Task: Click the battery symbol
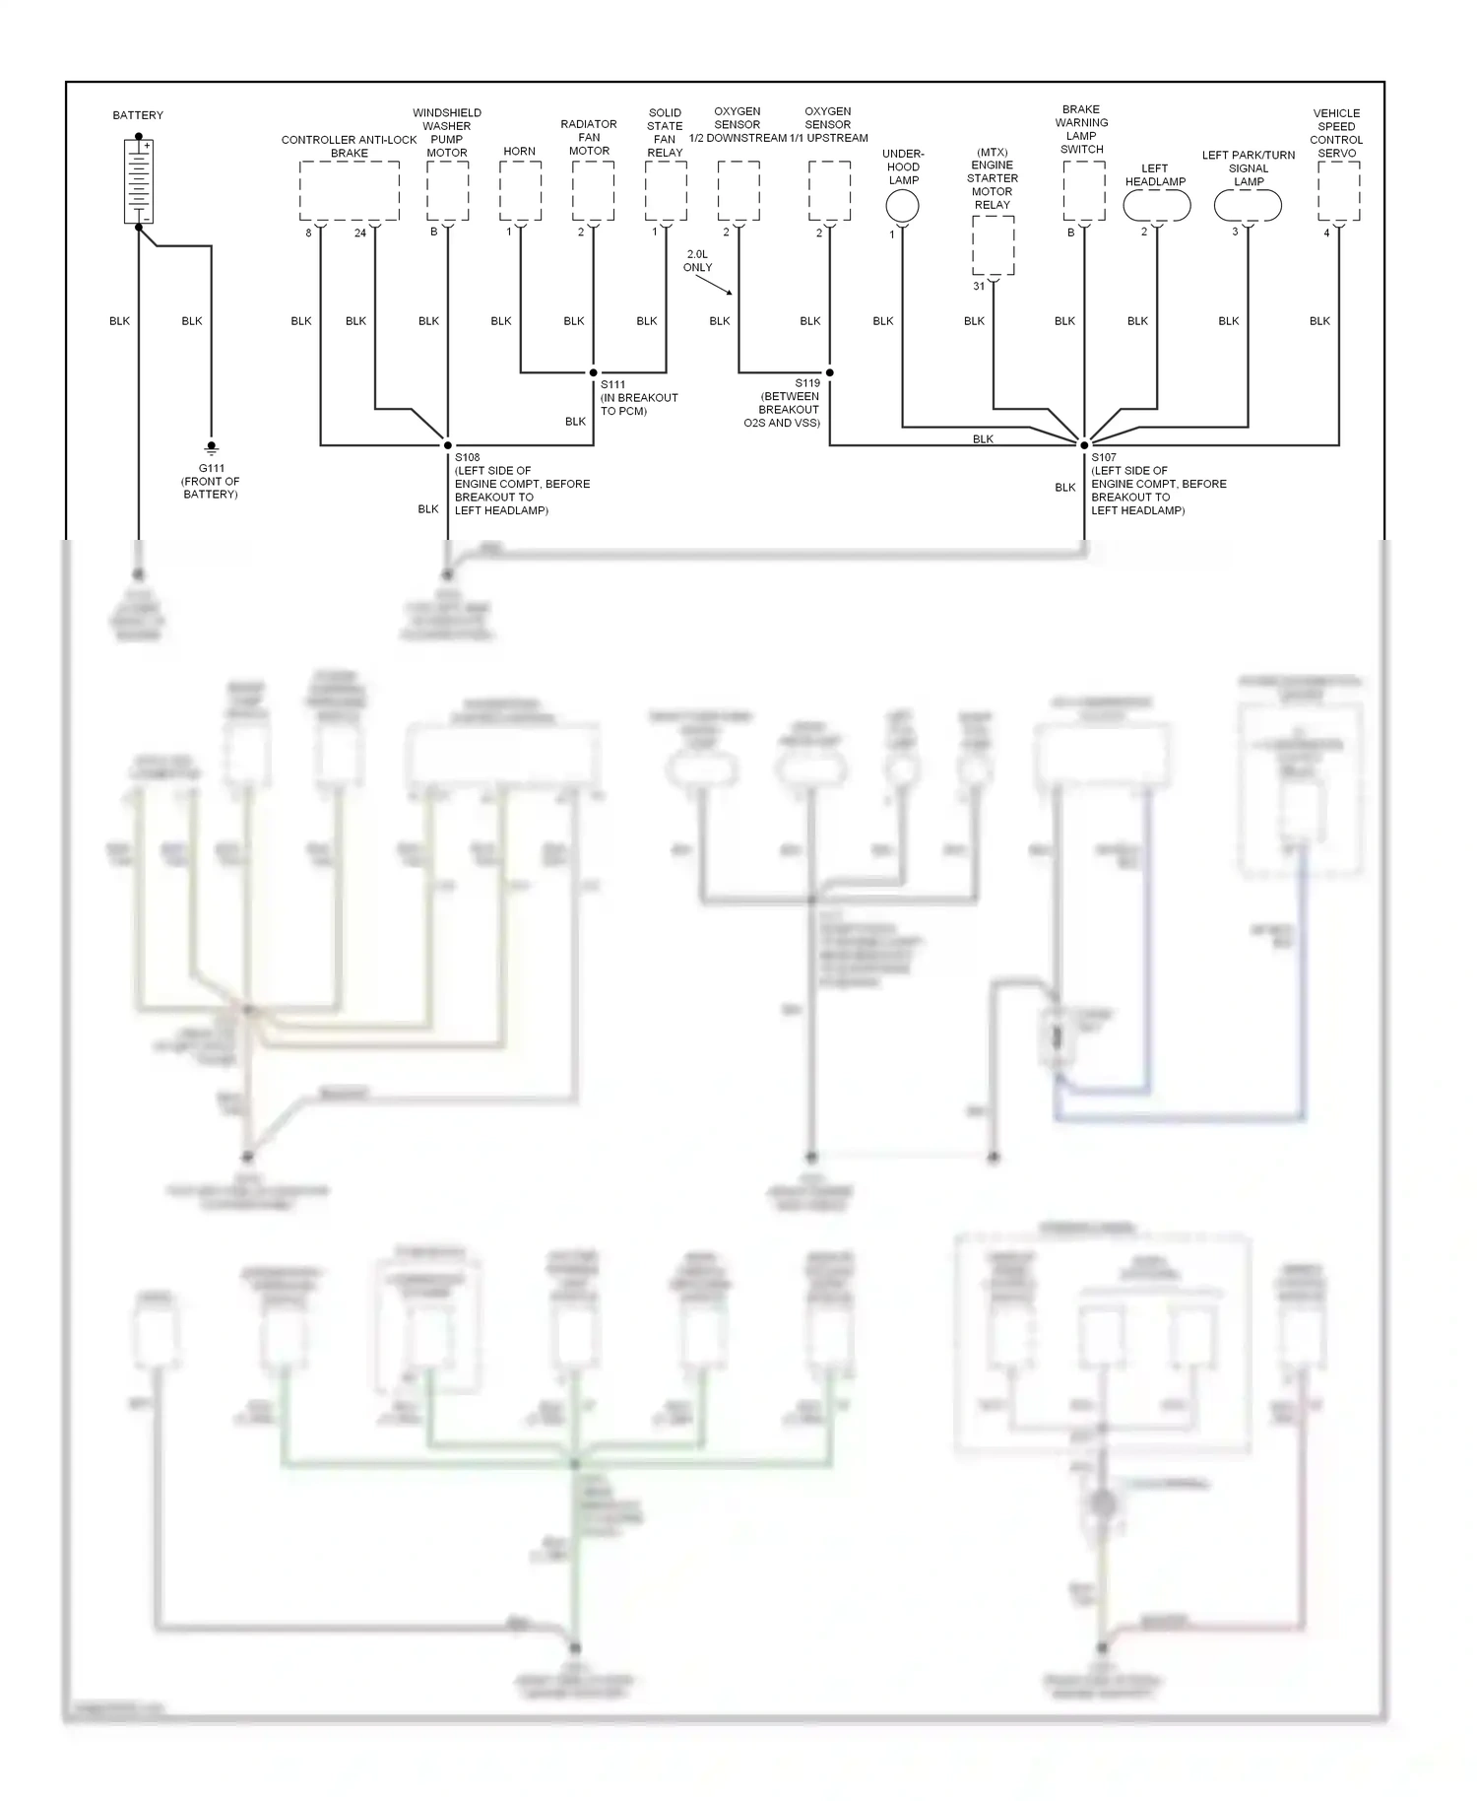(139, 181)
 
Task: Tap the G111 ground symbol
(211, 448)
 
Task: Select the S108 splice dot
(448, 445)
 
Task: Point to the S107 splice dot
(1084, 445)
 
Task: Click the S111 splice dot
(593, 372)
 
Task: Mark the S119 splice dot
(830, 372)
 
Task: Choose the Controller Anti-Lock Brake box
(350, 191)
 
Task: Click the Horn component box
(520, 191)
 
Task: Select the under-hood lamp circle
(902, 206)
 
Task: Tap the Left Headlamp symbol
(1157, 206)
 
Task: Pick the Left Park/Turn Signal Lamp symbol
(1248, 206)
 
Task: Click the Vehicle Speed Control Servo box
(1338, 191)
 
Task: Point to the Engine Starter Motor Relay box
(993, 245)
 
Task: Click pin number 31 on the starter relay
(979, 287)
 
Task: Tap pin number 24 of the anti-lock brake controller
(360, 233)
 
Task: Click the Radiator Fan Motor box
(593, 191)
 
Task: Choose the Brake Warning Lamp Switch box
(1084, 191)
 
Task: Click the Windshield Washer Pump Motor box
(448, 191)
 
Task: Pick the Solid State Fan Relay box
(666, 191)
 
